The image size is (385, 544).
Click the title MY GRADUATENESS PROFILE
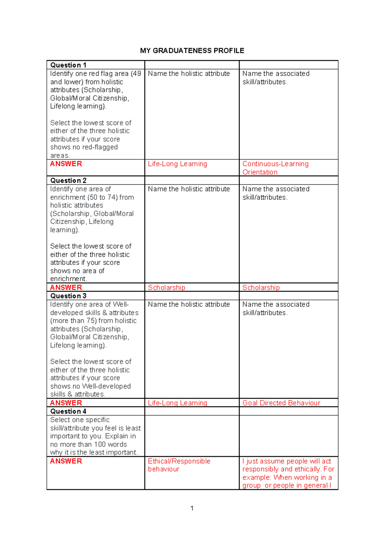pos(192,51)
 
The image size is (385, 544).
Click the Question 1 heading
pos(68,65)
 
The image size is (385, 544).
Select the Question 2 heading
pos(68,181)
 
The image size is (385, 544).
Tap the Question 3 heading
pos(68,296)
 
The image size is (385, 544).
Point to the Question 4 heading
pos(68,412)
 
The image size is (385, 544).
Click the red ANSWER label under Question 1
pos(66,164)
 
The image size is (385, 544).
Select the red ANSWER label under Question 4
pos(66,461)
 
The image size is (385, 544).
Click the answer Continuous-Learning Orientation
pos(275,168)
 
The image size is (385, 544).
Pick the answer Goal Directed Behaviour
pos(281,403)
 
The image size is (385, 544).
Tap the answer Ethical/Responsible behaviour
pos(179,465)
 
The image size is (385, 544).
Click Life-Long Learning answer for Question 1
pos(177,164)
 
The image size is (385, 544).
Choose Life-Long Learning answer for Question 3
pos(177,403)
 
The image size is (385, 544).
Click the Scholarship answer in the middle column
pos(166,288)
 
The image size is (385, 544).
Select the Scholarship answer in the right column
pos(261,288)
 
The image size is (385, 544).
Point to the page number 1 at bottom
pos(192,508)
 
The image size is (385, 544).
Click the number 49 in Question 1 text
pos(137,74)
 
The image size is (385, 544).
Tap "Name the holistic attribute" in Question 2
pos(189,189)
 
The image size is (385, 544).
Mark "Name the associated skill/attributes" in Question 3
pos(276,309)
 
